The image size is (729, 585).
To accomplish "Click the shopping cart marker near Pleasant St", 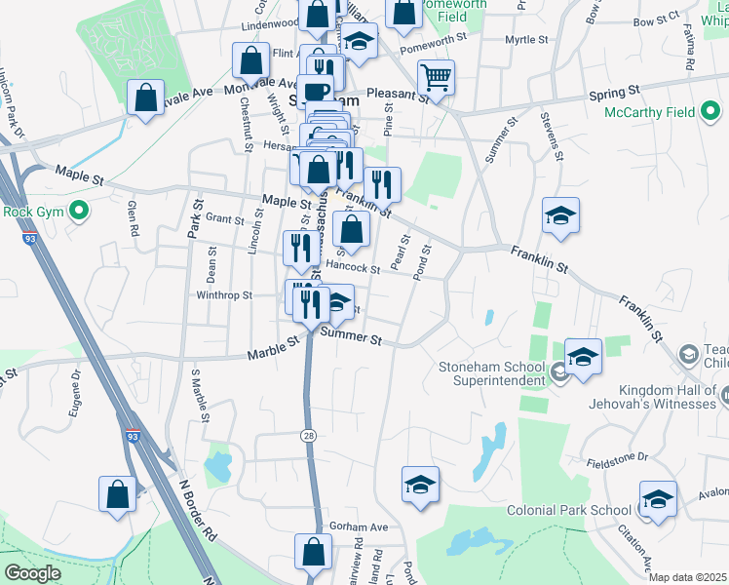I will point(436,77).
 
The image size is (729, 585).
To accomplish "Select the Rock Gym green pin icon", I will point(82,211).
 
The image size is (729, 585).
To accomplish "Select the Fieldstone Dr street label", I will point(617,456).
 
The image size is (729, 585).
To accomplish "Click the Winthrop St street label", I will point(224,294).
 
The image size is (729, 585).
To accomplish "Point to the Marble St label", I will point(272,346).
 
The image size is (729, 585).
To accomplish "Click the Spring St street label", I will point(614,90).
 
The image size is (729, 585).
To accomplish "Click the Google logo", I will point(32,573).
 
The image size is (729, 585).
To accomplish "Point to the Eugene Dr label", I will point(75,399).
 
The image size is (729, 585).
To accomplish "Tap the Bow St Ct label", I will point(655,19).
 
